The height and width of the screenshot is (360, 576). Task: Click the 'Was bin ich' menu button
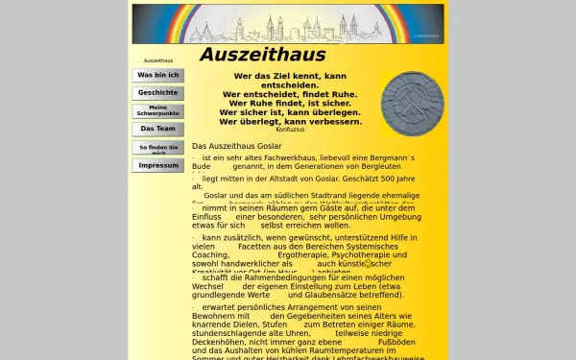pos(158,75)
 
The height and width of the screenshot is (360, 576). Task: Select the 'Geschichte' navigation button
pos(158,93)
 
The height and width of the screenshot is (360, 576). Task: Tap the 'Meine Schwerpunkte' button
pos(158,110)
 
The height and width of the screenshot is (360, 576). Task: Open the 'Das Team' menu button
pos(158,129)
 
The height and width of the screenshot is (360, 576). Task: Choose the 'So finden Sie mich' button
pos(158,148)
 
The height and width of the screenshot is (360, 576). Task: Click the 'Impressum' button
pos(158,165)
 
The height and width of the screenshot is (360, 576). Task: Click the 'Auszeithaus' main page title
pos(262,55)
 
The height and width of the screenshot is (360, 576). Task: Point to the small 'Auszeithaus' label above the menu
pos(157,60)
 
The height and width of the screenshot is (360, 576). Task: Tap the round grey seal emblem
pos(412,104)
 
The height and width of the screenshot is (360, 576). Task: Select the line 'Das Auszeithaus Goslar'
pos(236,145)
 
